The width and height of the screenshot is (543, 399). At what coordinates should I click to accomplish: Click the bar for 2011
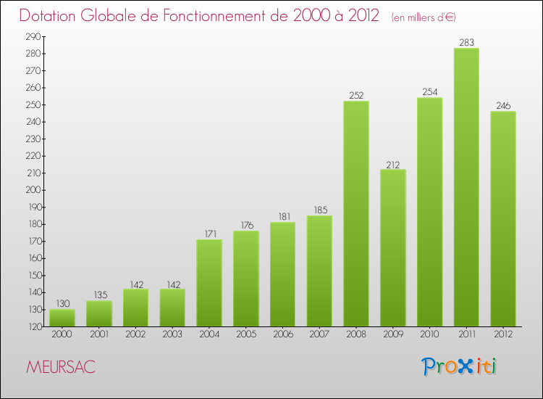466,187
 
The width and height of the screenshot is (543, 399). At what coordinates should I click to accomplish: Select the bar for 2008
356,214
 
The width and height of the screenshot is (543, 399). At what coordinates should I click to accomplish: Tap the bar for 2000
62,318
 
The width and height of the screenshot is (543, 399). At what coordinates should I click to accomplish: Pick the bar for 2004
209,283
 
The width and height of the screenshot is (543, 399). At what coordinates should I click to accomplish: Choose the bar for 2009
393,248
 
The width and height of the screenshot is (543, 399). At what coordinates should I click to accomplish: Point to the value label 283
466,42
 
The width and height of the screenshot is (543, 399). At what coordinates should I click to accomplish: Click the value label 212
393,164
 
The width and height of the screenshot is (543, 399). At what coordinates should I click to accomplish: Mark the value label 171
209,234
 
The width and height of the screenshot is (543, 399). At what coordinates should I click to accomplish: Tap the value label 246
503,106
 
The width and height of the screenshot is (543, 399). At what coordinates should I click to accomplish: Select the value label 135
98,295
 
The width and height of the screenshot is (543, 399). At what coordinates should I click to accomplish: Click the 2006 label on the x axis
282,334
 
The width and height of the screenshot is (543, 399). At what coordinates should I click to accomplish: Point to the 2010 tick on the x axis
429,334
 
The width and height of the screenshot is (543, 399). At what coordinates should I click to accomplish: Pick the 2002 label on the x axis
135,334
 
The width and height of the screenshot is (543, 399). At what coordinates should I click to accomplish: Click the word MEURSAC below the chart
60,367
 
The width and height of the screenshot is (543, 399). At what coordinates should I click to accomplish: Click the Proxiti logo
460,366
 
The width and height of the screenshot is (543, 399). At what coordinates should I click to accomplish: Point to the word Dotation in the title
53,16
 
